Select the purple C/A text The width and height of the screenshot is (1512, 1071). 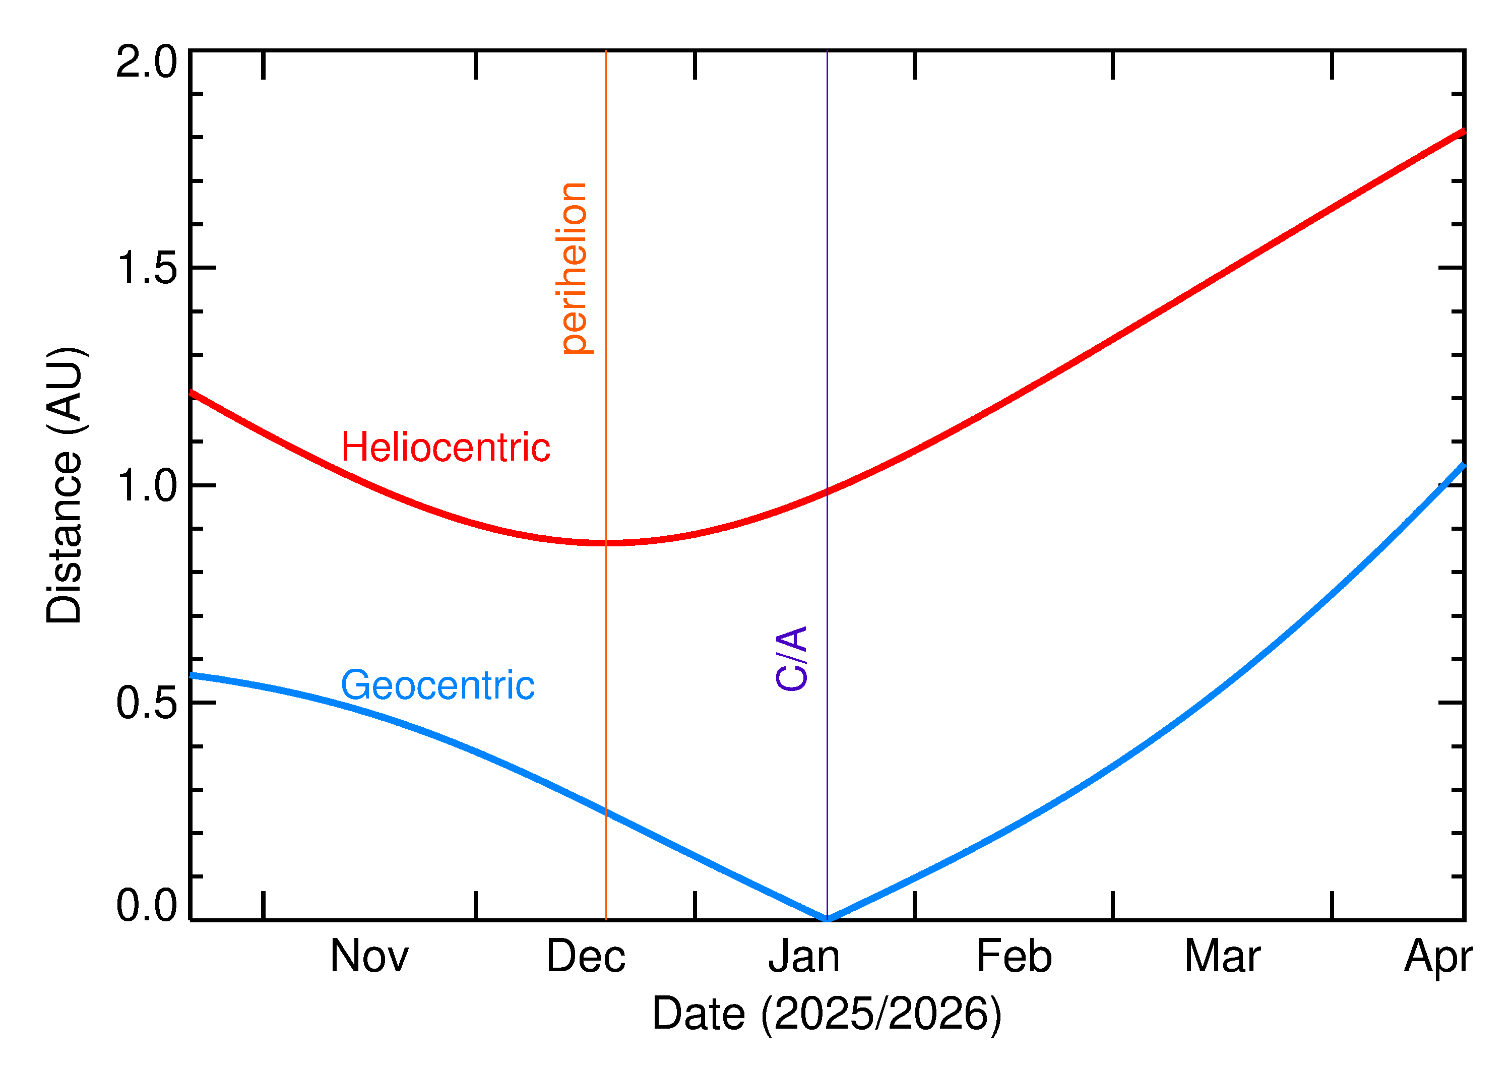791,658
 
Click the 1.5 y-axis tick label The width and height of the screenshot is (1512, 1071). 146,269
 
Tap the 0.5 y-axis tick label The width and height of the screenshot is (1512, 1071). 146,703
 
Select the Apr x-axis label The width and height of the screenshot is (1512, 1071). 1437,958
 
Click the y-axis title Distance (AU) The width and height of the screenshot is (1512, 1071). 65,485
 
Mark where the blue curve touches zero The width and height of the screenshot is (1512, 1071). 827,919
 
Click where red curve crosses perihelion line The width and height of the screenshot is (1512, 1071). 606,543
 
